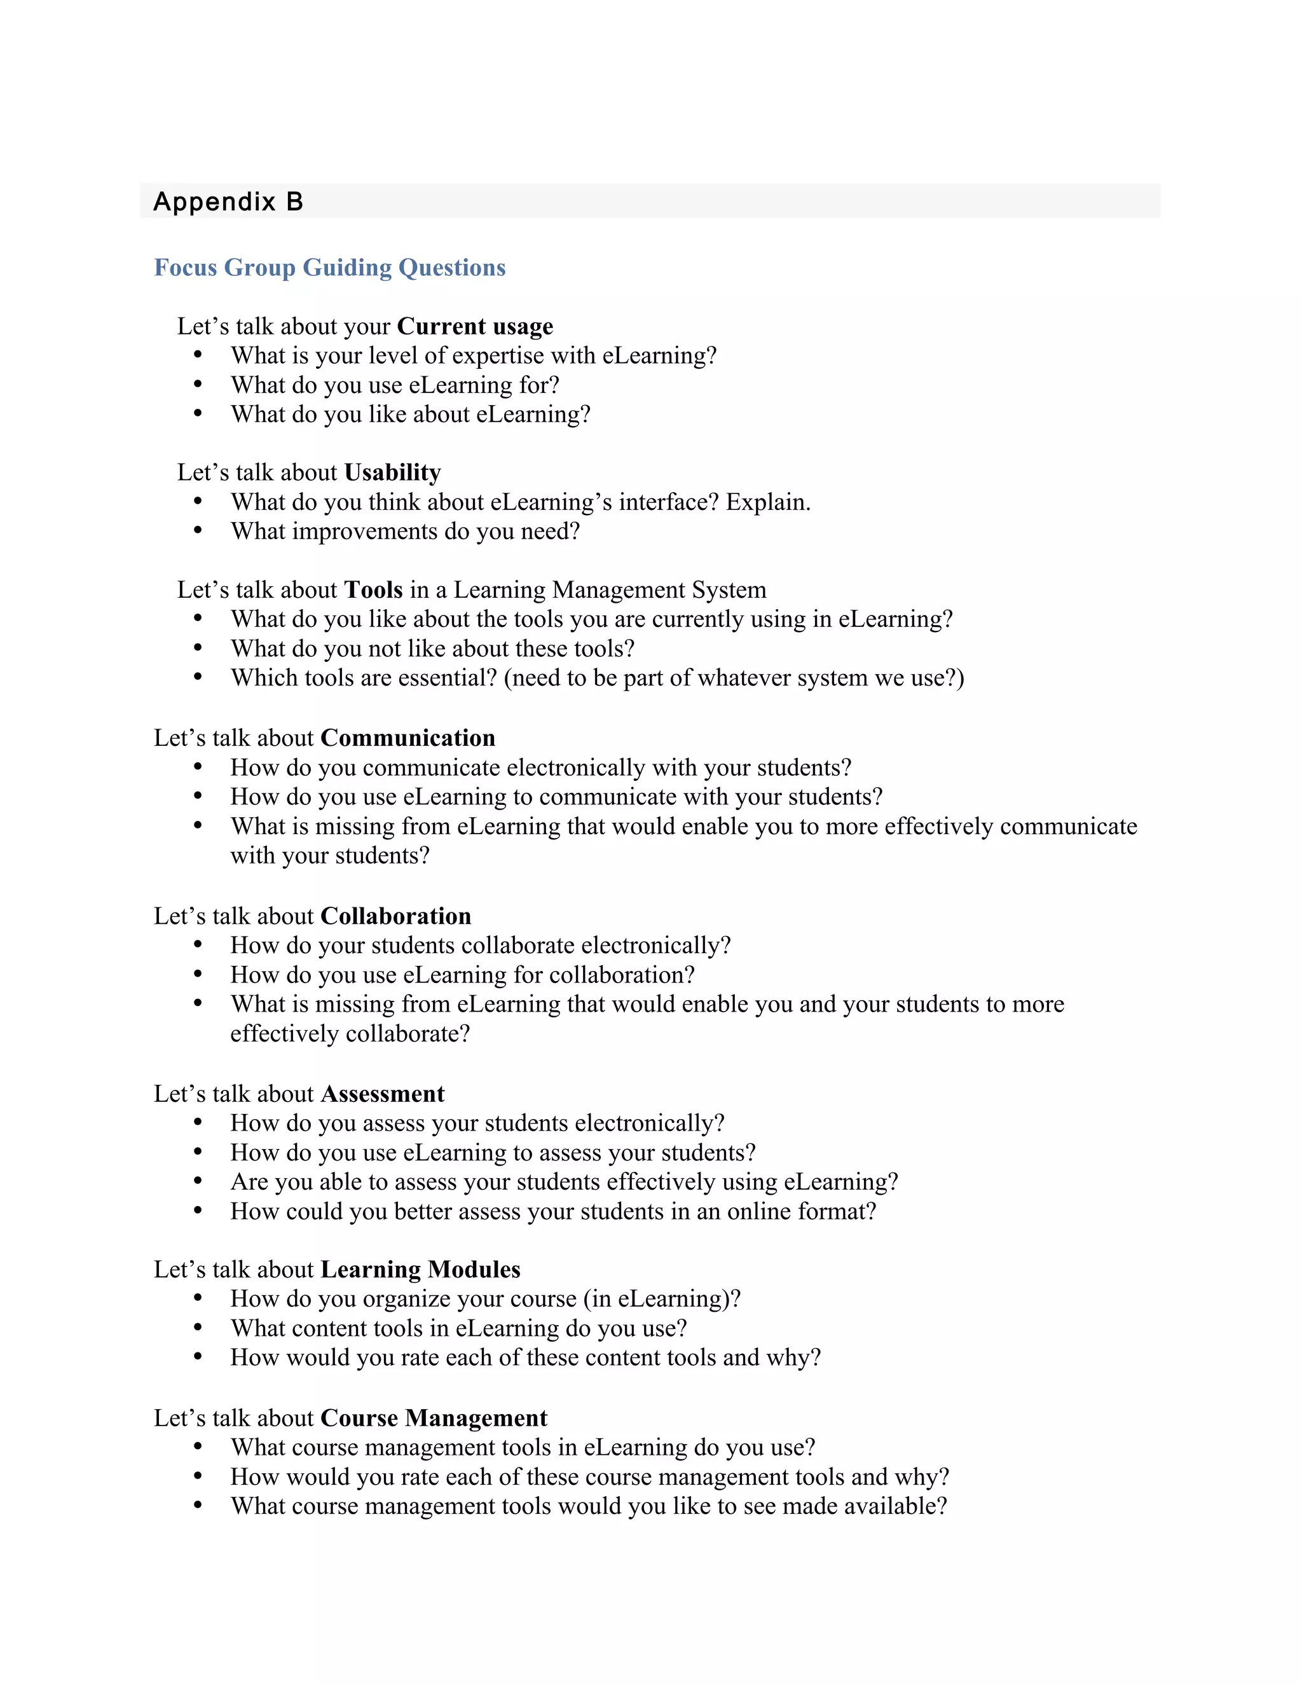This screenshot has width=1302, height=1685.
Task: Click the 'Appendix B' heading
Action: click(x=228, y=202)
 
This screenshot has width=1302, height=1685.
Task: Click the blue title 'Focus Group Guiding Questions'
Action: click(x=329, y=267)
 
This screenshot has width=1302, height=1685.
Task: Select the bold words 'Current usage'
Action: click(x=475, y=326)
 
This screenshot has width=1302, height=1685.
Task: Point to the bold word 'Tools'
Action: click(x=373, y=589)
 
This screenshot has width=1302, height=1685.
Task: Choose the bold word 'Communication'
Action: click(x=408, y=738)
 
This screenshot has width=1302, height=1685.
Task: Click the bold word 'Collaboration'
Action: click(x=395, y=916)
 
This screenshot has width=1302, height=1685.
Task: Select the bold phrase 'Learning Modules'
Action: click(x=420, y=1269)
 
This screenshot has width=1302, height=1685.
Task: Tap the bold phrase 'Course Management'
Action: click(x=434, y=1417)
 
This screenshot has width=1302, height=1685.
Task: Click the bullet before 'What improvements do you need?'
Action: click(x=198, y=531)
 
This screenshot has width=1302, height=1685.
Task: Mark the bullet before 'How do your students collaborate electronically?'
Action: click(x=198, y=944)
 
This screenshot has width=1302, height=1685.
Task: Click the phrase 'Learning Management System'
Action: click(x=609, y=589)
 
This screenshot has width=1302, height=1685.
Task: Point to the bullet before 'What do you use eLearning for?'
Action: click(x=198, y=384)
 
